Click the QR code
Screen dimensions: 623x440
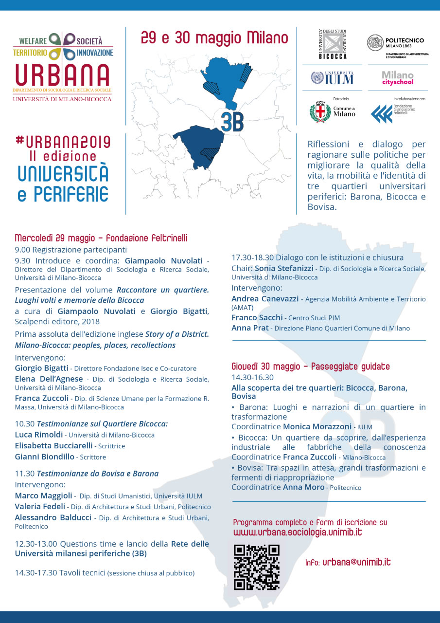tap(257, 567)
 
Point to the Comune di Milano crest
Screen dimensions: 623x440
tap(320, 111)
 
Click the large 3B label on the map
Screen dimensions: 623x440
tap(232, 122)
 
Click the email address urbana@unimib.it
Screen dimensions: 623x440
tap(356, 562)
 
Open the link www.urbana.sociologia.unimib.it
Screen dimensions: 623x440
tap(298, 532)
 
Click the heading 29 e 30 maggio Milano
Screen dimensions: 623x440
tap(214, 37)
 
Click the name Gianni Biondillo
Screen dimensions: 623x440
tap(45, 457)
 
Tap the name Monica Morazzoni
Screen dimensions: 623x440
tap(317, 426)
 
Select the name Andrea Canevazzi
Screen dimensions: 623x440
tap(264, 298)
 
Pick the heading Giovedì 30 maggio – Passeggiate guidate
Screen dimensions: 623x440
tap(310, 366)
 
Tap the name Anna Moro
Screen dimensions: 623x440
tap(303, 487)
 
